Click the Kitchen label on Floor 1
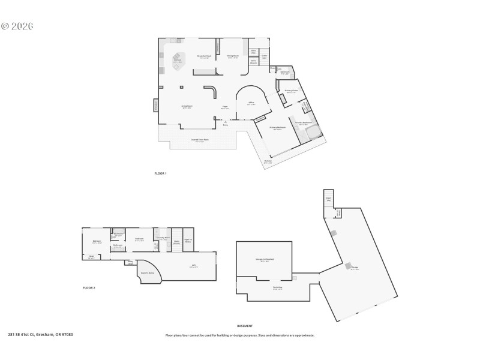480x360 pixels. click(178, 61)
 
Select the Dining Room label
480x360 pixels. click(233, 57)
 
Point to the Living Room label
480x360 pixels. click(187, 107)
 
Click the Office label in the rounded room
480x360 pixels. click(251, 103)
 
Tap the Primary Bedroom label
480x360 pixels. click(277, 128)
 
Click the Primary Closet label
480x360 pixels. click(292, 91)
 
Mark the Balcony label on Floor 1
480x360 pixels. click(268, 161)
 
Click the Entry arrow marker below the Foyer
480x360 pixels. click(226, 122)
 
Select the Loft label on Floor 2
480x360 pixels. click(193, 266)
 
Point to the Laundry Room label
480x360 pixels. click(163, 239)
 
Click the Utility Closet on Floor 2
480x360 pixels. click(131, 262)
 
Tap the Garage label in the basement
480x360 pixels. click(355, 269)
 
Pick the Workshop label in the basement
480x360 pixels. click(277, 287)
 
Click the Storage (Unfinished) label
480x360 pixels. click(262, 260)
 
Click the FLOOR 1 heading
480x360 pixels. click(160, 173)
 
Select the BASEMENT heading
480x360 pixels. click(245, 326)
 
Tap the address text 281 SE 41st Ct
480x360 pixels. click(40, 335)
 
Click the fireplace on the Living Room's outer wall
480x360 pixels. click(156, 106)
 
